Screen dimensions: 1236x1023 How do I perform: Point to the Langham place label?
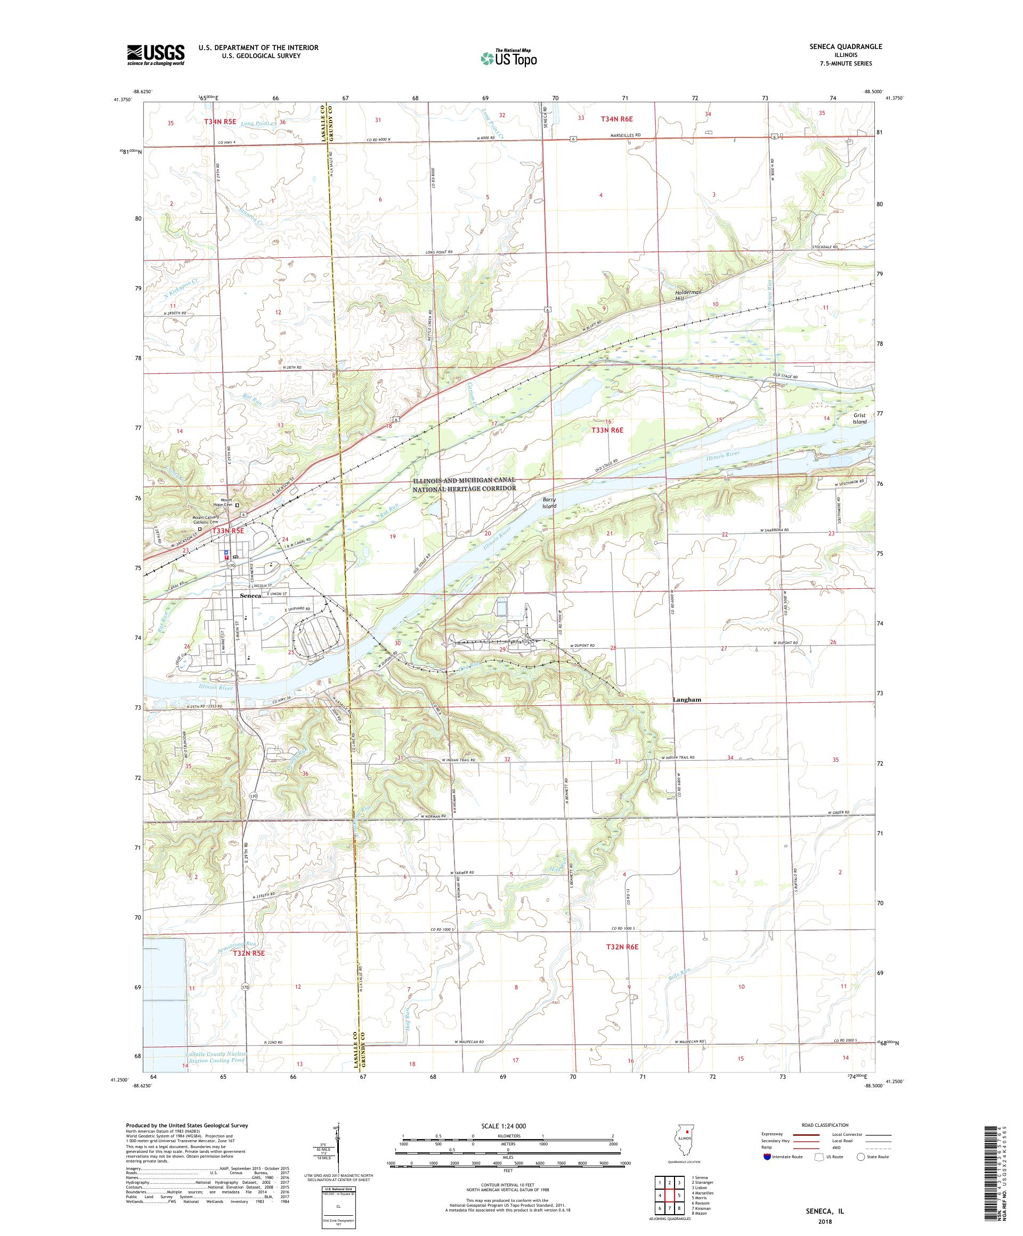click(687, 700)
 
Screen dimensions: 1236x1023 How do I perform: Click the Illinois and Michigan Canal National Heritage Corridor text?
click(465, 484)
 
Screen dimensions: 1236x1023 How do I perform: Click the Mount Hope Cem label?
click(223, 505)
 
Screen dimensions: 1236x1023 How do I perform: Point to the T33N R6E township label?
click(606, 430)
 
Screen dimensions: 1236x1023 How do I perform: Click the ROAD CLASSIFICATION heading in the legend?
click(827, 1125)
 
